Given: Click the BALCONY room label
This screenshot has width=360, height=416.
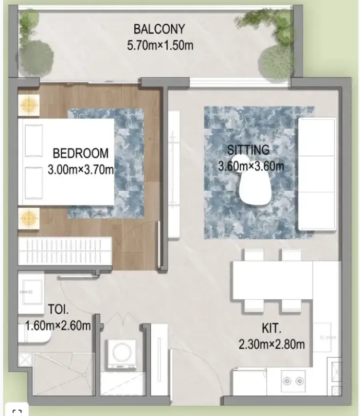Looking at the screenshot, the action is [x=159, y=29].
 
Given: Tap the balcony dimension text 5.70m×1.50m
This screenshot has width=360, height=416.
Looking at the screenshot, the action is [x=160, y=45].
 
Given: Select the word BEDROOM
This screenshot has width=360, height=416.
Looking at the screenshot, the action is [x=81, y=153].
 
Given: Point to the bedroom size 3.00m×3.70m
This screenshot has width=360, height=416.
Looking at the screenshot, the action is [x=81, y=170].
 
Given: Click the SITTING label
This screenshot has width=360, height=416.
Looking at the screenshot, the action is [x=248, y=150].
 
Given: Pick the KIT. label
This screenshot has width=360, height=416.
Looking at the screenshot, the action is [x=272, y=329].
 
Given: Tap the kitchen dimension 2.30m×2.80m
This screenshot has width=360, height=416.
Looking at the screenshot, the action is [x=272, y=345].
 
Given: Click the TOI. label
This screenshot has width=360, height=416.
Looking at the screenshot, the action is [x=58, y=310].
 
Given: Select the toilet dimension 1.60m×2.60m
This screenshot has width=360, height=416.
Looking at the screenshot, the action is [x=58, y=325].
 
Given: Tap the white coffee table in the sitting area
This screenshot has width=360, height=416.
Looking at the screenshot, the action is [x=255, y=188].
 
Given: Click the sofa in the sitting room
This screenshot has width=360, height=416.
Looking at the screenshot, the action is [x=317, y=174].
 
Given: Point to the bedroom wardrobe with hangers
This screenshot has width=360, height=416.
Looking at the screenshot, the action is [x=65, y=251].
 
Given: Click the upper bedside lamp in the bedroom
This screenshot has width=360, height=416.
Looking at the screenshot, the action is [x=29, y=105].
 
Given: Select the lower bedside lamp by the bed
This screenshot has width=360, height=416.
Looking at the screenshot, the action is [x=29, y=218].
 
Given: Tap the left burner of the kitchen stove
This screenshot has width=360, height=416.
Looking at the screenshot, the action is [x=287, y=381].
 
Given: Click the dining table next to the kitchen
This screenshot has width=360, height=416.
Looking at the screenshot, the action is [x=273, y=280].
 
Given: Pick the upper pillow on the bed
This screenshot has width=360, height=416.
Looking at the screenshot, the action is [x=33, y=140].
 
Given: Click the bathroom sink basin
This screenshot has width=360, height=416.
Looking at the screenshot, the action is [x=31, y=292].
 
